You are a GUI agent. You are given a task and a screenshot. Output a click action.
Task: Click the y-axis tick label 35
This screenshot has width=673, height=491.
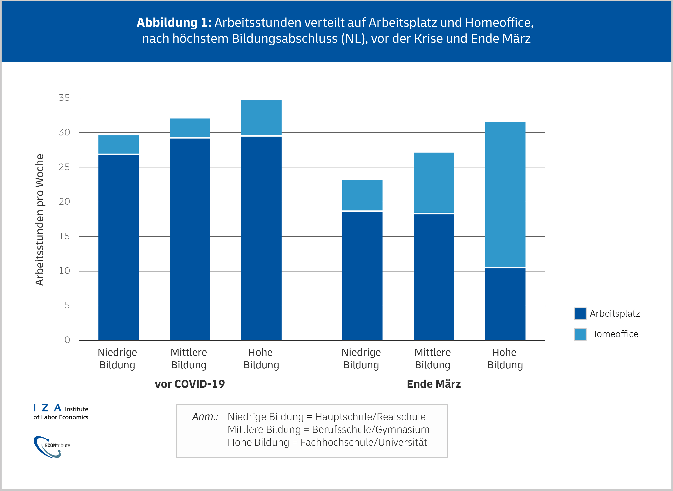(x=64, y=98)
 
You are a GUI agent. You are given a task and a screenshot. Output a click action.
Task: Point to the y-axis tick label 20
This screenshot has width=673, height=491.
(x=64, y=201)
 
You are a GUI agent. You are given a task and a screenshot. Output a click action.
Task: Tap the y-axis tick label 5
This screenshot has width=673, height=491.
(x=67, y=305)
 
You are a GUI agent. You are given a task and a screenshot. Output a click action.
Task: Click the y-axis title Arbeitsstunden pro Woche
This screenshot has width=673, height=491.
(x=39, y=220)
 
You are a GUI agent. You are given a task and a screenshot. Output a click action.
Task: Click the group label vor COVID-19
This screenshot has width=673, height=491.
(x=190, y=384)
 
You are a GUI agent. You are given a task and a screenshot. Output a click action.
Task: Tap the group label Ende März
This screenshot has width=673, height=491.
(x=434, y=384)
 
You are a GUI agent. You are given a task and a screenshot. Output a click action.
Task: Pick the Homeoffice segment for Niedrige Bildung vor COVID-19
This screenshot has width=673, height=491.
(x=118, y=144)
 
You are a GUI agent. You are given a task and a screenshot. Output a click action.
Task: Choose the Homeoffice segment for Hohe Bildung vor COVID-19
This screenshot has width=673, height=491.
(x=261, y=117)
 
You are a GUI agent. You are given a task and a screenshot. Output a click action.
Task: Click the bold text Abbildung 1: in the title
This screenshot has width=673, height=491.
(x=174, y=23)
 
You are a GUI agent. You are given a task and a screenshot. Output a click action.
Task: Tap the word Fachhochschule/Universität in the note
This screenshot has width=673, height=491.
(x=364, y=442)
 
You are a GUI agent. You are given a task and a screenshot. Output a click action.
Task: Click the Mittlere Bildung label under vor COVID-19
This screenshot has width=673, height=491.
(x=189, y=358)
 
